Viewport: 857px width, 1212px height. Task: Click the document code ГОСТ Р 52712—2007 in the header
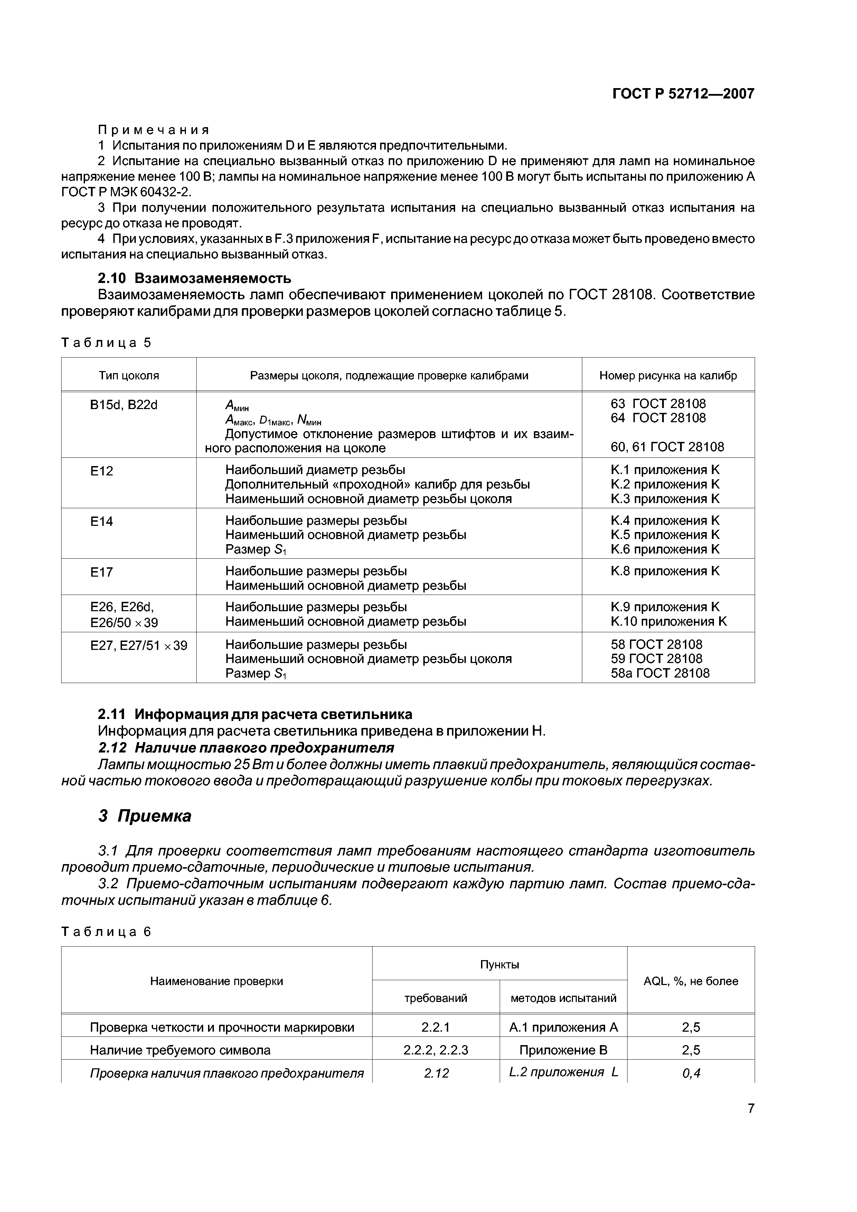pos(683,94)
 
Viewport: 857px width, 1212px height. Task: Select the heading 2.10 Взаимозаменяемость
pos(194,278)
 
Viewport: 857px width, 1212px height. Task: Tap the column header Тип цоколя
pos(129,375)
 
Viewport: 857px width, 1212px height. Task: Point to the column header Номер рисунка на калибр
pos(668,375)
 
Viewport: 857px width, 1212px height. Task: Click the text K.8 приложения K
pos(665,571)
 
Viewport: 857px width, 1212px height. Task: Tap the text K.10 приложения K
pos(668,621)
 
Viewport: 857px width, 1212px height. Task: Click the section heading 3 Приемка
pos(145,816)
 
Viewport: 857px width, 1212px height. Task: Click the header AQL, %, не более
pos(691,981)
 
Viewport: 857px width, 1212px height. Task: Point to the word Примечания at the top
pos(154,130)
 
